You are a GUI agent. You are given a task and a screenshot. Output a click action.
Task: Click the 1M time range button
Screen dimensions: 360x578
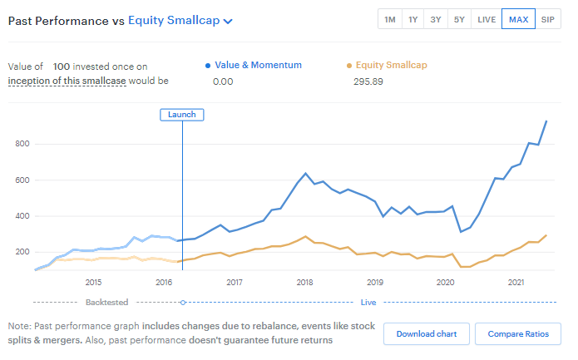point(390,19)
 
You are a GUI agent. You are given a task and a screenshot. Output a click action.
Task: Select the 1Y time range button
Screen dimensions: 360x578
point(413,19)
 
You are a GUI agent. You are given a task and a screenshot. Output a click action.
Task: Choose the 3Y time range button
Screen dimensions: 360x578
point(437,19)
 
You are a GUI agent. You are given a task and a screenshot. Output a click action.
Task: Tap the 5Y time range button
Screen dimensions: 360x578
point(460,19)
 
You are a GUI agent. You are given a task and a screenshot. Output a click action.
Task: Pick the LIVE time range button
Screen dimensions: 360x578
point(487,19)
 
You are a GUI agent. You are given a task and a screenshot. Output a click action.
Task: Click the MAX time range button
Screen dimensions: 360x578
point(518,19)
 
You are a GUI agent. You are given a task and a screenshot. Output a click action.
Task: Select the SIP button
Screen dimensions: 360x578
point(547,19)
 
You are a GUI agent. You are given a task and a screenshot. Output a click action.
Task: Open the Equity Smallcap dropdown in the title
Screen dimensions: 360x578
point(180,21)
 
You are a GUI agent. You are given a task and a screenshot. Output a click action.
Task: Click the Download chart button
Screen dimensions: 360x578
point(427,333)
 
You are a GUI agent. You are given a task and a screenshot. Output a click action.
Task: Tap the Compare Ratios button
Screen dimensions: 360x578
point(518,333)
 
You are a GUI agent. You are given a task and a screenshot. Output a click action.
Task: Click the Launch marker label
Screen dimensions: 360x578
point(181,115)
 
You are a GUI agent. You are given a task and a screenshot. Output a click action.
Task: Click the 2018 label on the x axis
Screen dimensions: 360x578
point(304,283)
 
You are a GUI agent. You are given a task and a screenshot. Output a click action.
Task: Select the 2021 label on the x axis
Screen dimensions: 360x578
point(515,283)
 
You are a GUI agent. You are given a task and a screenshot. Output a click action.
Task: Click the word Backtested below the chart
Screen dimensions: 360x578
point(106,303)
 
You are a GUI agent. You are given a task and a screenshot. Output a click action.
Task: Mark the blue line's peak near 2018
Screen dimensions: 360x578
point(306,173)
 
